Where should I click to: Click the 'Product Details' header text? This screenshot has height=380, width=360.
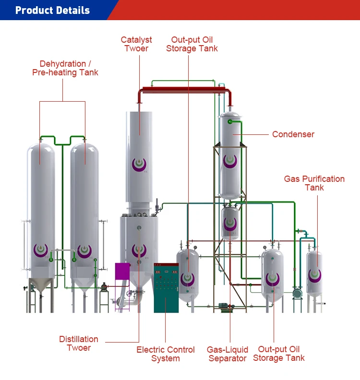click(x=52, y=10)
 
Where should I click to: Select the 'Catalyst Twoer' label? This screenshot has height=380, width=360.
click(x=136, y=44)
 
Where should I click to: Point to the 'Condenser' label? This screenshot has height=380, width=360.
click(x=293, y=134)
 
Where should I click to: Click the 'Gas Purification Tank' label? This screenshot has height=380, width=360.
click(x=314, y=183)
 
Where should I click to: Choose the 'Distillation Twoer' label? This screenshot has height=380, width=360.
click(x=79, y=344)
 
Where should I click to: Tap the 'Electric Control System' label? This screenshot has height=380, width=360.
click(x=166, y=354)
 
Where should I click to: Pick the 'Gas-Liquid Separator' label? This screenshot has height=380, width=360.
click(x=228, y=354)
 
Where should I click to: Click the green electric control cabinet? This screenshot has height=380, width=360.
click(x=166, y=288)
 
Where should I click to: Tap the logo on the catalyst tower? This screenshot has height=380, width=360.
click(x=139, y=164)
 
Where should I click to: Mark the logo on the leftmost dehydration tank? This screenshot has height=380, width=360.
click(x=40, y=250)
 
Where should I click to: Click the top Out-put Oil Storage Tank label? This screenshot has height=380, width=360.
click(x=192, y=44)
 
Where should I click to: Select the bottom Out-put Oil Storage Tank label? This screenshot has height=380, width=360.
click(x=278, y=354)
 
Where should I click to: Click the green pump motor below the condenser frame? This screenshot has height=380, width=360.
click(x=224, y=306)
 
